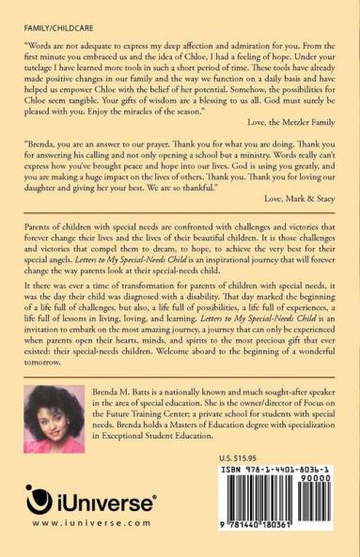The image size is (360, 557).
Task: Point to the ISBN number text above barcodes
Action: pos(287,468)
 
